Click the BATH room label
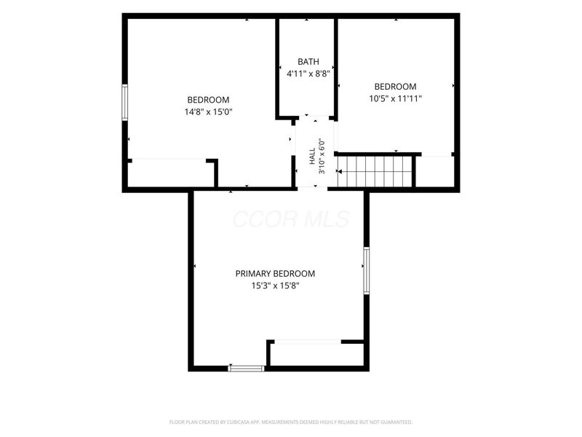[308, 62]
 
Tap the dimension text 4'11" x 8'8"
[308, 74]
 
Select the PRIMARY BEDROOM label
[275, 274]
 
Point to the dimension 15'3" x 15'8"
[275, 286]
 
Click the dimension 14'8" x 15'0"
[208, 112]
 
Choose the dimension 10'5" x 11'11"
[395, 98]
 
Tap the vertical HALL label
[312, 157]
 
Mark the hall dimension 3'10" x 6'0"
[322, 157]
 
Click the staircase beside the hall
[375, 171]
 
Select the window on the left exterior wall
[125, 102]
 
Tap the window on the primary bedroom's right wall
[367, 270]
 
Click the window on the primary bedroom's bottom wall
[247, 369]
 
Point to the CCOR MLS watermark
[292, 219]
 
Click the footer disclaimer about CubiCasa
[291, 422]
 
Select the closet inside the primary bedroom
[317, 355]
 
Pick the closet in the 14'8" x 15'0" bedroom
[171, 174]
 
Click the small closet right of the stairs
[435, 171]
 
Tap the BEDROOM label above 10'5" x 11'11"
[395, 87]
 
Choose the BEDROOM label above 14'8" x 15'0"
[208, 100]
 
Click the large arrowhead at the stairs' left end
[339, 171]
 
